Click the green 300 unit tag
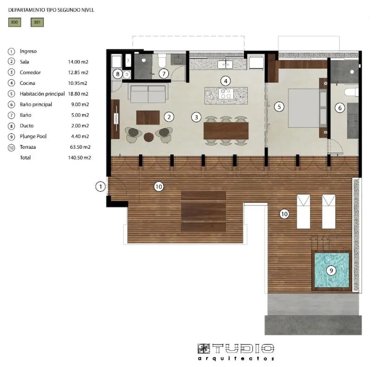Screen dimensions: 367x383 (14, 22)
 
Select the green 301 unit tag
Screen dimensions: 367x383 (37, 22)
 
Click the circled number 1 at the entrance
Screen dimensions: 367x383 (100, 187)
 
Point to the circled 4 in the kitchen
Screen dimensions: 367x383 (226, 80)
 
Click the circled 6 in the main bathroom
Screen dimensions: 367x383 (340, 108)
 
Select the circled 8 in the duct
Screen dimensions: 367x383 (118, 74)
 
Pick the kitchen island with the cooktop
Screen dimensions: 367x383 (226, 95)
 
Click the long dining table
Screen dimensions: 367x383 (226, 131)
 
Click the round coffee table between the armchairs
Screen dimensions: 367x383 (149, 137)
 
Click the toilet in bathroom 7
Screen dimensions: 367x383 (162, 61)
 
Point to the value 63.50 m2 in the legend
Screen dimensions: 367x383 (79, 147)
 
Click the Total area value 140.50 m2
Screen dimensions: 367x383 (79, 158)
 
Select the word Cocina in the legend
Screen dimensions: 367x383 (28, 83)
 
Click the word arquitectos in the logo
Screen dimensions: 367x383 (236, 359)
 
